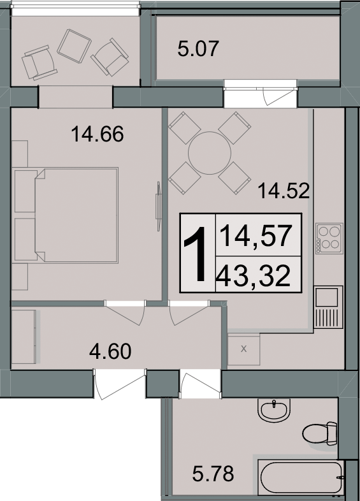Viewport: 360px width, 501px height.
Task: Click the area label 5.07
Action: tap(198, 48)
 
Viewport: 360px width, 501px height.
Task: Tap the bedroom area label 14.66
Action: tap(97, 134)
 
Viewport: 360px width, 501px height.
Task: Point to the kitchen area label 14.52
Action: tap(284, 191)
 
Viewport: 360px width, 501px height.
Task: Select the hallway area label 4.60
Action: tap(110, 351)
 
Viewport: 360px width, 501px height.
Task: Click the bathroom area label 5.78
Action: tap(213, 474)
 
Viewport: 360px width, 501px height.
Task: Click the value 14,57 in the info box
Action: tap(256, 236)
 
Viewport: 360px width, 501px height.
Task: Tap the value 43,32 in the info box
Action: tap(254, 276)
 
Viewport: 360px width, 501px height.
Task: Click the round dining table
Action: tap(210, 153)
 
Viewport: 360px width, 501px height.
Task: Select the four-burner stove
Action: tap(329, 238)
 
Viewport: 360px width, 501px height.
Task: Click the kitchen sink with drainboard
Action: tap(328, 307)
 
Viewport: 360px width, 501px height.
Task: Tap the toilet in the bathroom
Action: tap(320, 433)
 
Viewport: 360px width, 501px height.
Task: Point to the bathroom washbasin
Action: tap(274, 410)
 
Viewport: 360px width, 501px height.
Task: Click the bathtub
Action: tap(301, 477)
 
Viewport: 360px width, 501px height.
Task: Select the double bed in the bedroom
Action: tap(76, 215)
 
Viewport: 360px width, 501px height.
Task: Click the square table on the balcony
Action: tap(74, 46)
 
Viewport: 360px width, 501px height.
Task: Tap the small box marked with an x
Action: tap(244, 349)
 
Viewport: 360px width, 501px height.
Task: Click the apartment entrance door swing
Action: tap(120, 384)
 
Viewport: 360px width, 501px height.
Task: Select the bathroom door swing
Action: tap(200, 384)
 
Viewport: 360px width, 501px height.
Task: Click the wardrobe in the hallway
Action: tap(24, 337)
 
